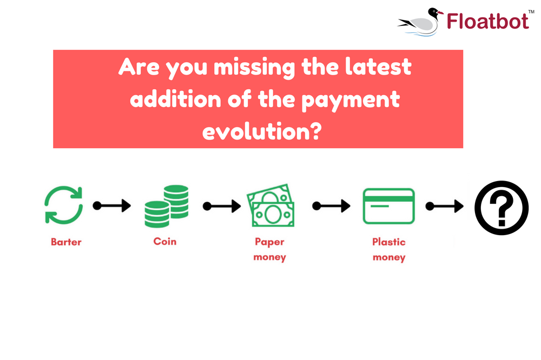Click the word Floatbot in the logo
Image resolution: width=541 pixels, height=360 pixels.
tap(487, 21)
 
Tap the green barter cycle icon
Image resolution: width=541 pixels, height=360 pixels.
tap(63, 205)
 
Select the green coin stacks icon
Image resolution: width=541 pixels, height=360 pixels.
tap(166, 206)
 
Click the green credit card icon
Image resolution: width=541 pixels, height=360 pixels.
tap(389, 206)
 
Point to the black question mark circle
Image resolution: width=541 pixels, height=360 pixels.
tap(501, 208)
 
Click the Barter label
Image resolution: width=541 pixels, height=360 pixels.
tap(66, 242)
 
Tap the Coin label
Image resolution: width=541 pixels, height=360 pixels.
tap(165, 241)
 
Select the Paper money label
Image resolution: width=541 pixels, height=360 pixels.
tap(269, 249)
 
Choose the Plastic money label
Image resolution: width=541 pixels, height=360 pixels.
tap(388, 249)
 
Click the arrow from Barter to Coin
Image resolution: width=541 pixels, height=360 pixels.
tap(112, 206)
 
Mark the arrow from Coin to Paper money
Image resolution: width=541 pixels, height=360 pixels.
tap(221, 206)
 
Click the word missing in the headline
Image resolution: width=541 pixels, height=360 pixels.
tap(254, 68)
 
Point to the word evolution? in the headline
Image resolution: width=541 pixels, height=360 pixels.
tap(258, 131)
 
